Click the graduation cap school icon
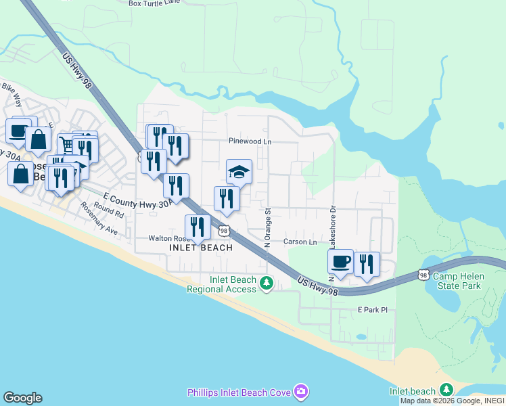tap(239, 172)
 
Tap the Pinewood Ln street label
tap(250, 141)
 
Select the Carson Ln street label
tap(300, 242)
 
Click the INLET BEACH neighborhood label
tap(200, 248)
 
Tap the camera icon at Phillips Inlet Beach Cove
tap(301, 392)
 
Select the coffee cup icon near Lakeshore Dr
tap(340, 263)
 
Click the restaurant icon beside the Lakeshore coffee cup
tap(367, 265)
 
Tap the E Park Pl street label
tap(373, 309)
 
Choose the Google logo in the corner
tap(22, 398)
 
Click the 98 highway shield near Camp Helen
tap(423, 274)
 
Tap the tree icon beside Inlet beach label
tap(446, 390)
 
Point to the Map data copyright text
tap(452, 401)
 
